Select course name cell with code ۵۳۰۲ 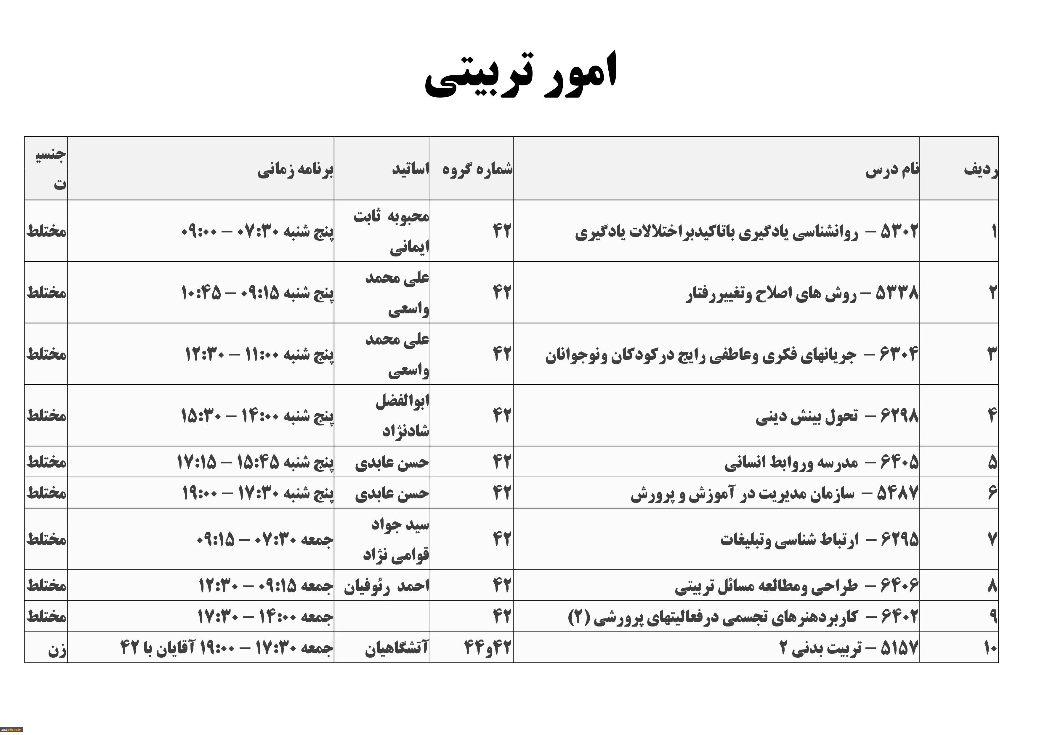tap(747, 232)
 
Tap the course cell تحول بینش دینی tap(837, 416)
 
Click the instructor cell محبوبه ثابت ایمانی tap(392, 232)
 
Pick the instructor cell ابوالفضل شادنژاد tap(402, 415)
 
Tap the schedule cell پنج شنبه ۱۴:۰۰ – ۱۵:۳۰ tap(257, 416)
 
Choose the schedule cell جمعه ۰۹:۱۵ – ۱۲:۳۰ tap(266, 586)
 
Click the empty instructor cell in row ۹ tap(382, 616)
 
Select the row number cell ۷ tap(992, 539)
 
